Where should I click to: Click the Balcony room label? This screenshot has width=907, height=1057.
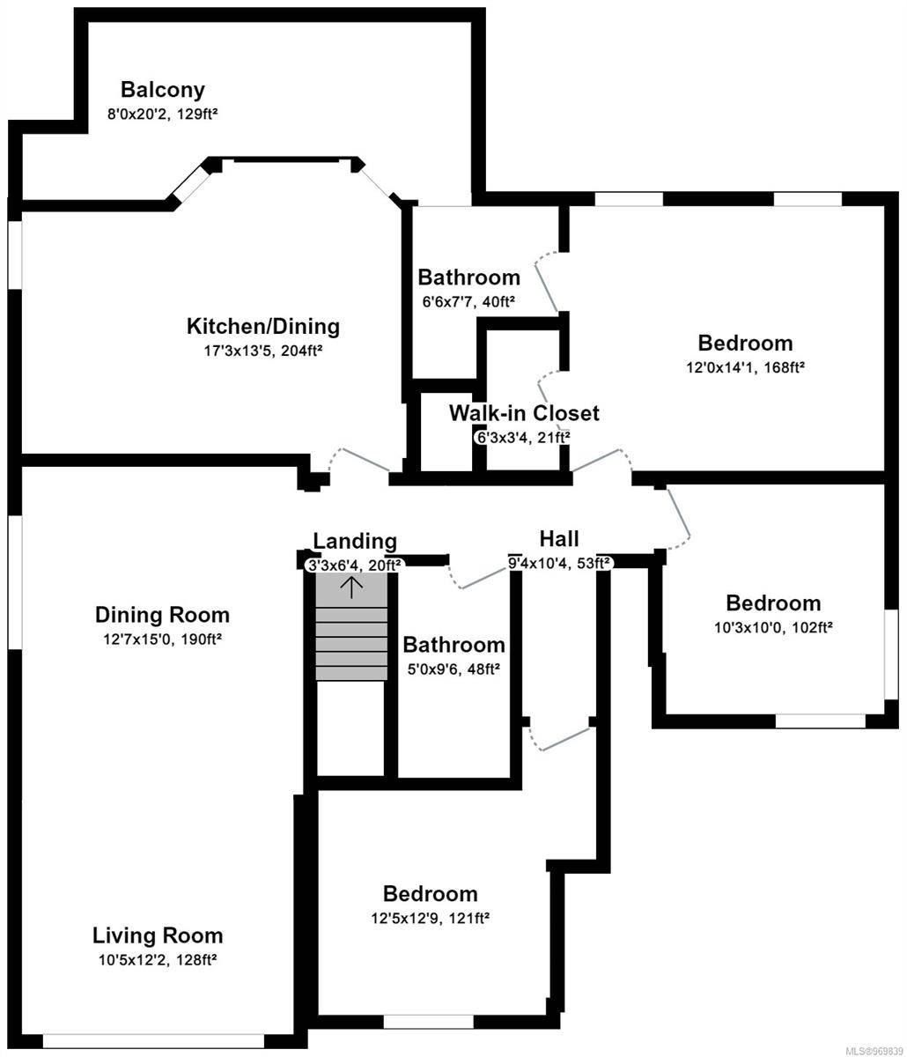click(x=163, y=90)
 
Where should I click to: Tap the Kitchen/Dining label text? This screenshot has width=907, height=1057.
click(x=262, y=326)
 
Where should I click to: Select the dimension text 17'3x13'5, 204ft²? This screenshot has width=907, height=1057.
click(x=262, y=351)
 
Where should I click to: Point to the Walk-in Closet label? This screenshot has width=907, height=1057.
click(x=524, y=413)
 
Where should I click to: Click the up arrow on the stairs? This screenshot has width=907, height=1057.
click(x=351, y=587)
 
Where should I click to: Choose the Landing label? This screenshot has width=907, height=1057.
click(x=355, y=541)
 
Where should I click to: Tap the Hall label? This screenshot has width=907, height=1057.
click(x=559, y=539)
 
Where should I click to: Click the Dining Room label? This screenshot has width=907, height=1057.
click(x=162, y=615)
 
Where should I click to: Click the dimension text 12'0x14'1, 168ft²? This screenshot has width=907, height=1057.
click(x=745, y=367)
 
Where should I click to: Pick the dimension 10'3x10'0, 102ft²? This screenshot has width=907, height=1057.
click(x=773, y=627)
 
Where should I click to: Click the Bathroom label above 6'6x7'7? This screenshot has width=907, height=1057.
click(x=468, y=277)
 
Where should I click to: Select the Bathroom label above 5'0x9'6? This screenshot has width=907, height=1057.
click(x=454, y=645)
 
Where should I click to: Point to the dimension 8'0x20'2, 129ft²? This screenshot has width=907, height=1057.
click(x=162, y=114)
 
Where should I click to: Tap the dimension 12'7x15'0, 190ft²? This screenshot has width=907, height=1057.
click(x=162, y=639)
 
